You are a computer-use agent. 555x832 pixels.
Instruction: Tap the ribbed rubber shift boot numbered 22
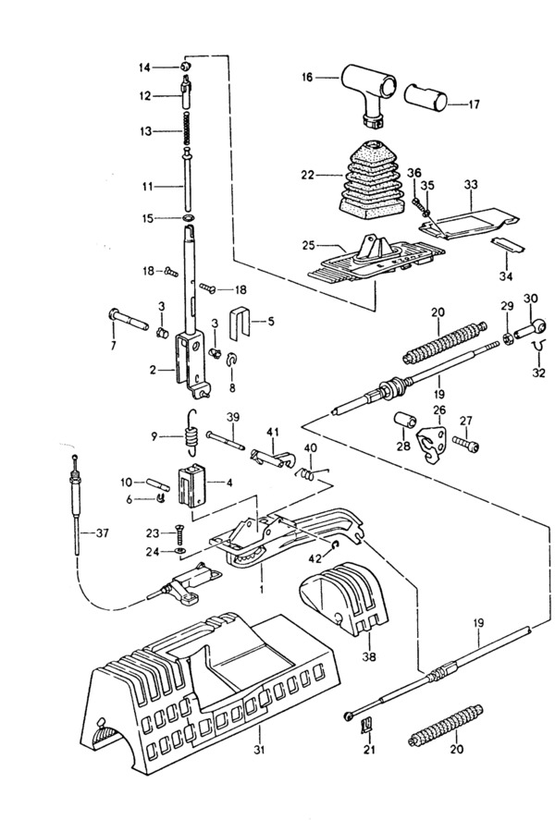[368, 179]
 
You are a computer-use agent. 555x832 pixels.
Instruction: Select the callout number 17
[474, 104]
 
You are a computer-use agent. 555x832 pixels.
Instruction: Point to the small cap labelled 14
[185, 67]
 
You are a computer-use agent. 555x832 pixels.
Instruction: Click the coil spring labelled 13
[187, 128]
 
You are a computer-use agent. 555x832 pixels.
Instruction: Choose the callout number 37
[102, 533]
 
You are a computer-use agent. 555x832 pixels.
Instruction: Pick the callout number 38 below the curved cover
[369, 657]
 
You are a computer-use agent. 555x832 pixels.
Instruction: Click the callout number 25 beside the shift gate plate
[309, 246]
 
